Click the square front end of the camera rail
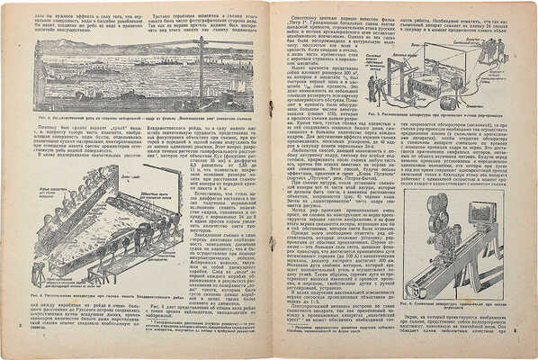click(416, 288)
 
